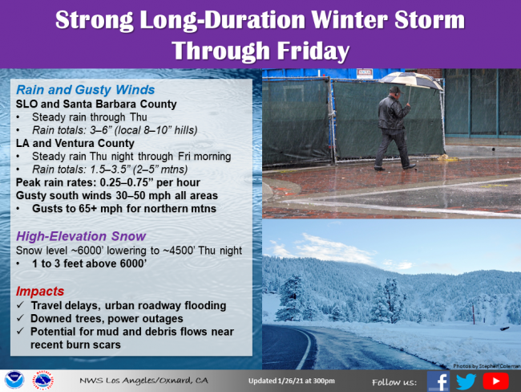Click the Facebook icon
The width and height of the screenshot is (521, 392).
[x=438, y=381]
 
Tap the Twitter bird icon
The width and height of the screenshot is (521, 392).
[x=466, y=382]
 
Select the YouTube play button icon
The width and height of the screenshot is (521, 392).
[x=495, y=381]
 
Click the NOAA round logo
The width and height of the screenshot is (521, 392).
[x=14, y=380]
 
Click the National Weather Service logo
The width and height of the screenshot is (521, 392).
[x=42, y=380]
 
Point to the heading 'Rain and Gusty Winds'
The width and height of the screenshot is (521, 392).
[x=86, y=90]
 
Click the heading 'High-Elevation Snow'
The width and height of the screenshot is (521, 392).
[x=81, y=236]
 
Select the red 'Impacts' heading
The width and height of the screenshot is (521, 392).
[x=40, y=292]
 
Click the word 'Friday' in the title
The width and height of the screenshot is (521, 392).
[x=313, y=51]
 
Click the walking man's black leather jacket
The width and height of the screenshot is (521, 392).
[x=393, y=113]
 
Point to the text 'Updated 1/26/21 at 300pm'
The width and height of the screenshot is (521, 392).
[x=292, y=381]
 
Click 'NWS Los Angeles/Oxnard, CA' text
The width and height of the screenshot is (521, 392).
[x=143, y=380]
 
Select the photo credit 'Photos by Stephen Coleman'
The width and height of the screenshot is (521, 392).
[x=487, y=366]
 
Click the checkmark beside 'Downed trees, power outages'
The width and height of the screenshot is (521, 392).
[x=21, y=318]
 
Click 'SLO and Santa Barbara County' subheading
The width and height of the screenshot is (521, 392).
[x=96, y=104]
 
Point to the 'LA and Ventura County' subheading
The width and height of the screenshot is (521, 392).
[x=75, y=143]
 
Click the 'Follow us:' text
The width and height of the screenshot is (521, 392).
[x=394, y=382]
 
